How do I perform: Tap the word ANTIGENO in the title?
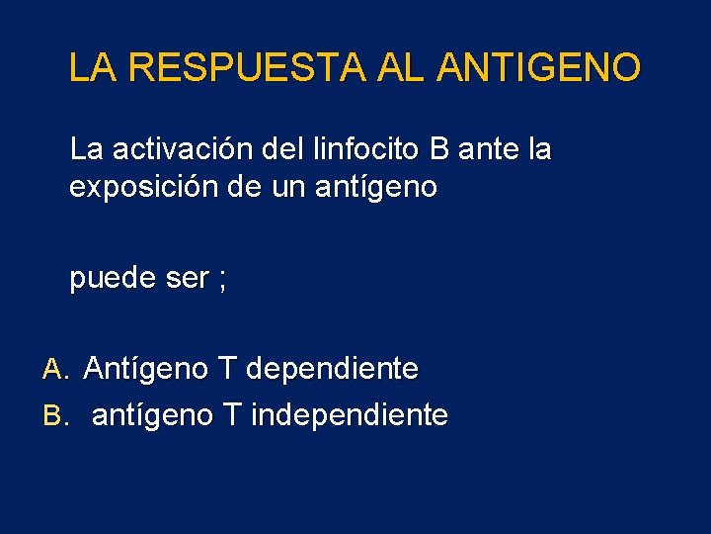pyautogui.click(x=537, y=68)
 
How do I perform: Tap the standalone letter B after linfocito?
pyautogui.click(x=439, y=150)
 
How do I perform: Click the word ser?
pyautogui.click(x=187, y=279)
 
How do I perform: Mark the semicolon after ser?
pyautogui.click(x=222, y=281)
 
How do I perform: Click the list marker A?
pyautogui.click(x=53, y=370)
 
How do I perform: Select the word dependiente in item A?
pyautogui.click(x=332, y=370)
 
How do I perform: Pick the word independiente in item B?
pyautogui.click(x=350, y=415)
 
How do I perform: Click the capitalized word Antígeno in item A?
pyautogui.click(x=146, y=370)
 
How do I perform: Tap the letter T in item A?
pyautogui.click(x=227, y=370)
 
